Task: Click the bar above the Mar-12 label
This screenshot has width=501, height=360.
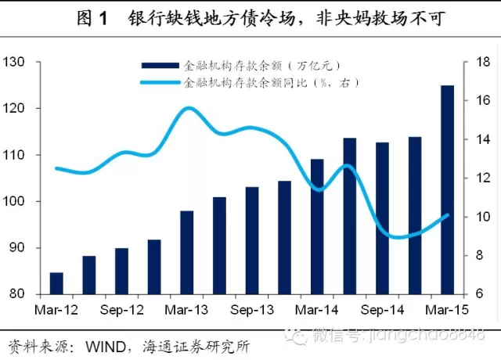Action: coord(56,283)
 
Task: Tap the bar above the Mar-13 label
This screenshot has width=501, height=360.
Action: coord(186,253)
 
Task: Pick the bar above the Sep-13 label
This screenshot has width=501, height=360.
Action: coord(252,241)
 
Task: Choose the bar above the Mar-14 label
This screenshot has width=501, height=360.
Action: coord(317,227)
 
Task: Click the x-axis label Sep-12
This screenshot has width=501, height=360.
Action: coord(121,310)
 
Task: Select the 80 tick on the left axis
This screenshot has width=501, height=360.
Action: coord(18,294)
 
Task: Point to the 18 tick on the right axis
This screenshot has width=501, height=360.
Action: coord(483,62)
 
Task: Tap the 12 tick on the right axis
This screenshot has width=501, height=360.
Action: coord(483,178)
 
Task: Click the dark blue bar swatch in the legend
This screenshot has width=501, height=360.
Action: coord(158,67)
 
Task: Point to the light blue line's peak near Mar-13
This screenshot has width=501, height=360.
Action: coord(189,108)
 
